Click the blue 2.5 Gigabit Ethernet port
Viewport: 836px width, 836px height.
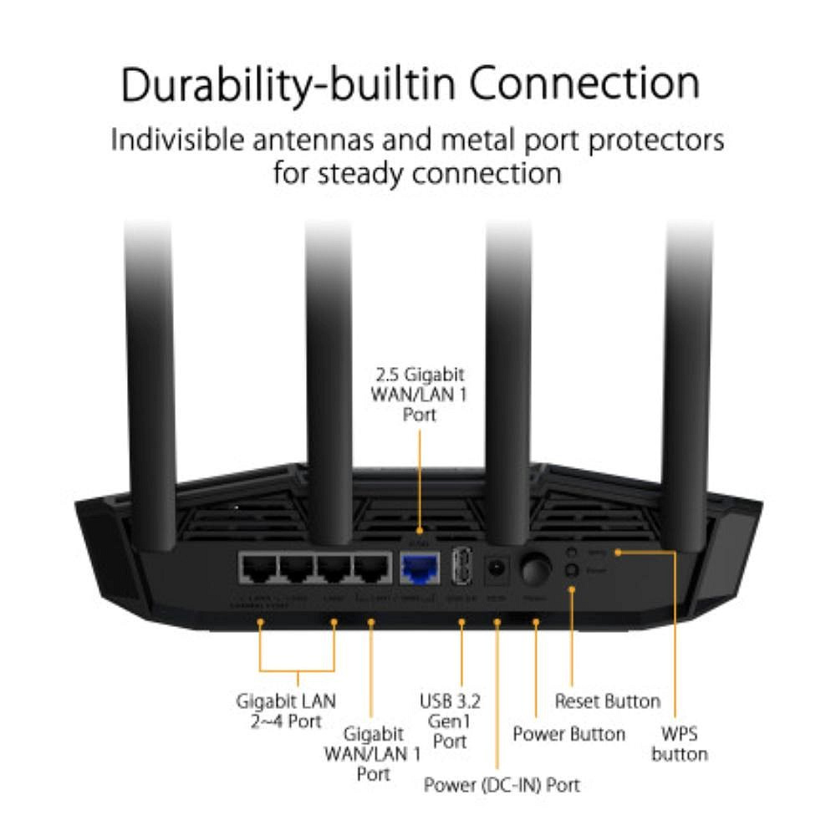pos(421,570)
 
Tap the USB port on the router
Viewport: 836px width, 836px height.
pos(463,569)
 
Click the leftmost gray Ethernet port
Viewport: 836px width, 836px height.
pos(258,570)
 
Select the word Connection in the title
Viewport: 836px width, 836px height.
pos(583,84)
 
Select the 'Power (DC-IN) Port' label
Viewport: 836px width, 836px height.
pos(502,785)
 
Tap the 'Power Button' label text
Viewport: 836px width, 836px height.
pos(568,734)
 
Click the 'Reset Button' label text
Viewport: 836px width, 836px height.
pos(608,701)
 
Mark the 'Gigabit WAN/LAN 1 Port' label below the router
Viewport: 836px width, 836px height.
pos(372,754)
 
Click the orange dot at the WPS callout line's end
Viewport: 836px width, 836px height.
pos(617,552)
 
